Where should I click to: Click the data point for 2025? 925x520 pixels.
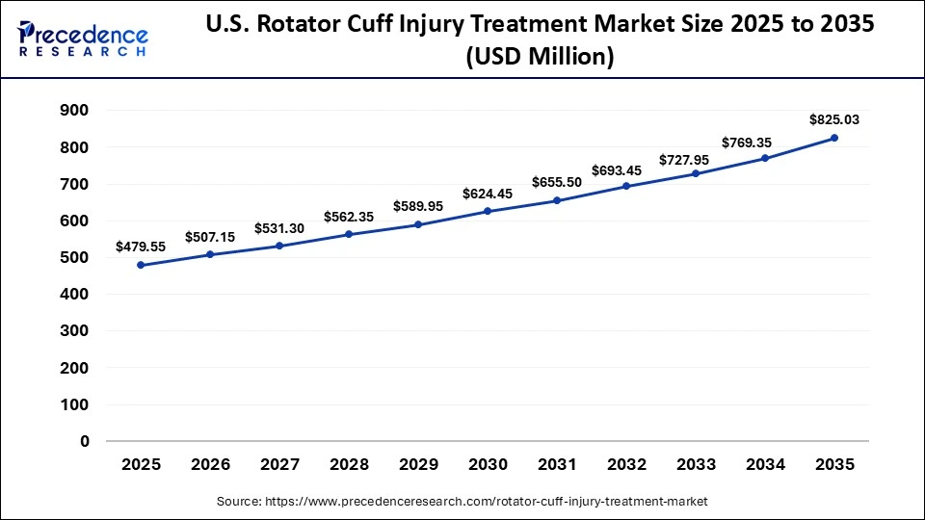coord(141,265)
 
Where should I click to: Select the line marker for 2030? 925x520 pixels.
coord(488,211)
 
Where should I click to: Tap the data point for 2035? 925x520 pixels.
coord(834,138)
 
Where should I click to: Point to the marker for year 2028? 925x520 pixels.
coord(349,234)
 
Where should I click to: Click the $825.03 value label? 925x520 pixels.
coord(834,120)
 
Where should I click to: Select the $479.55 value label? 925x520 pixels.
coord(141,247)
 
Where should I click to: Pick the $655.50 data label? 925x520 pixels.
coord(557,182)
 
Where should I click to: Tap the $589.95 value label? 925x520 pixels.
coord(418,206)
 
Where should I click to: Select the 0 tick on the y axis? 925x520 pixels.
coord(85,442)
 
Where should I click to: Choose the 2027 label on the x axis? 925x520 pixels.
coord(279,464)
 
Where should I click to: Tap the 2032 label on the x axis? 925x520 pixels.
coord(626,464)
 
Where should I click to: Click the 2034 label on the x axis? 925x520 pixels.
coord(765,464)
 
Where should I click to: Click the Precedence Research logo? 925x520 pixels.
coord(83,39)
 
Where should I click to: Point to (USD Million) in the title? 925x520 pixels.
coord(540,57)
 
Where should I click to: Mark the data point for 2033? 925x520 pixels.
coord(696,173)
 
